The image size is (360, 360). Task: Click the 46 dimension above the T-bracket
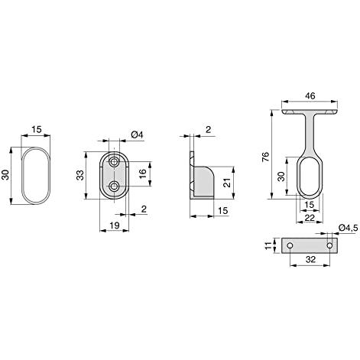(310, 96)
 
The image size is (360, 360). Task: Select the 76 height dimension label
(265, 157)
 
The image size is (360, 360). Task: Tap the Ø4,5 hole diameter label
(349, 228)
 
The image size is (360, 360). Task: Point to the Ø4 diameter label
(137, 135)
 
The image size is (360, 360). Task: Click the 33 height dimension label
(80, 175)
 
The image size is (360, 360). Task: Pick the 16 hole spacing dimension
(143, 174)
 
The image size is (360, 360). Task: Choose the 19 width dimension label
(115, 225)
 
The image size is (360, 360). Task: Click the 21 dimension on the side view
(226, 183)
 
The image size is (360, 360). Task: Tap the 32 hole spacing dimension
(310, 259)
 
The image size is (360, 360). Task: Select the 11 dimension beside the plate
(268, 245)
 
